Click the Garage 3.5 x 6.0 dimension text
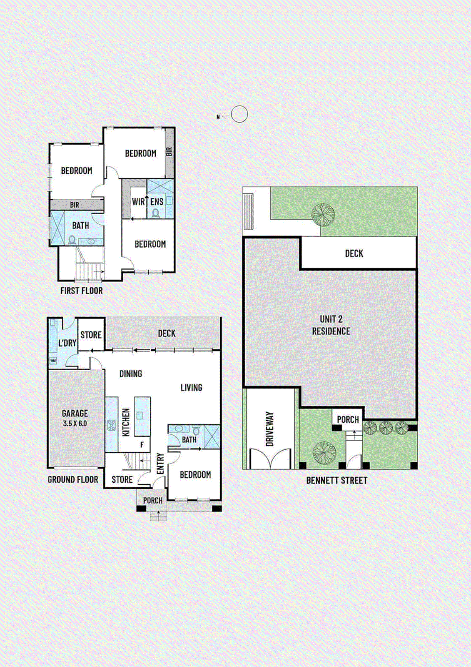tap(75, 424)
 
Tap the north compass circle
tap(239, 114)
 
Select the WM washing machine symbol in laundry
tap(53, 361)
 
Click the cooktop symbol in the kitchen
tap(111, 425)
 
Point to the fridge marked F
tap(142, 445)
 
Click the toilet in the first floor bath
tap(72, 241)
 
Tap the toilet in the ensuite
tap(156, 213)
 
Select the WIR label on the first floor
tap(138, 202)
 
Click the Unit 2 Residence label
tap(331, 325)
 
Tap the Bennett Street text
tap(336, 480)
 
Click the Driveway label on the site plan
tap(269, 429)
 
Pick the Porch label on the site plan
tap(348, 420)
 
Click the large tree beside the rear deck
tap(323, 214)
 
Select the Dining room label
tap(131, 374)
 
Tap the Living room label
tap(191, 388)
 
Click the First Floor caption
tap(81, 291)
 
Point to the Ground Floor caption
tap(73, 479)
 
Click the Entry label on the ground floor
tap(160, 464)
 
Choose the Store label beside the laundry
tap(91, 335)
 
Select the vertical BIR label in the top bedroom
tap(169, 152)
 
